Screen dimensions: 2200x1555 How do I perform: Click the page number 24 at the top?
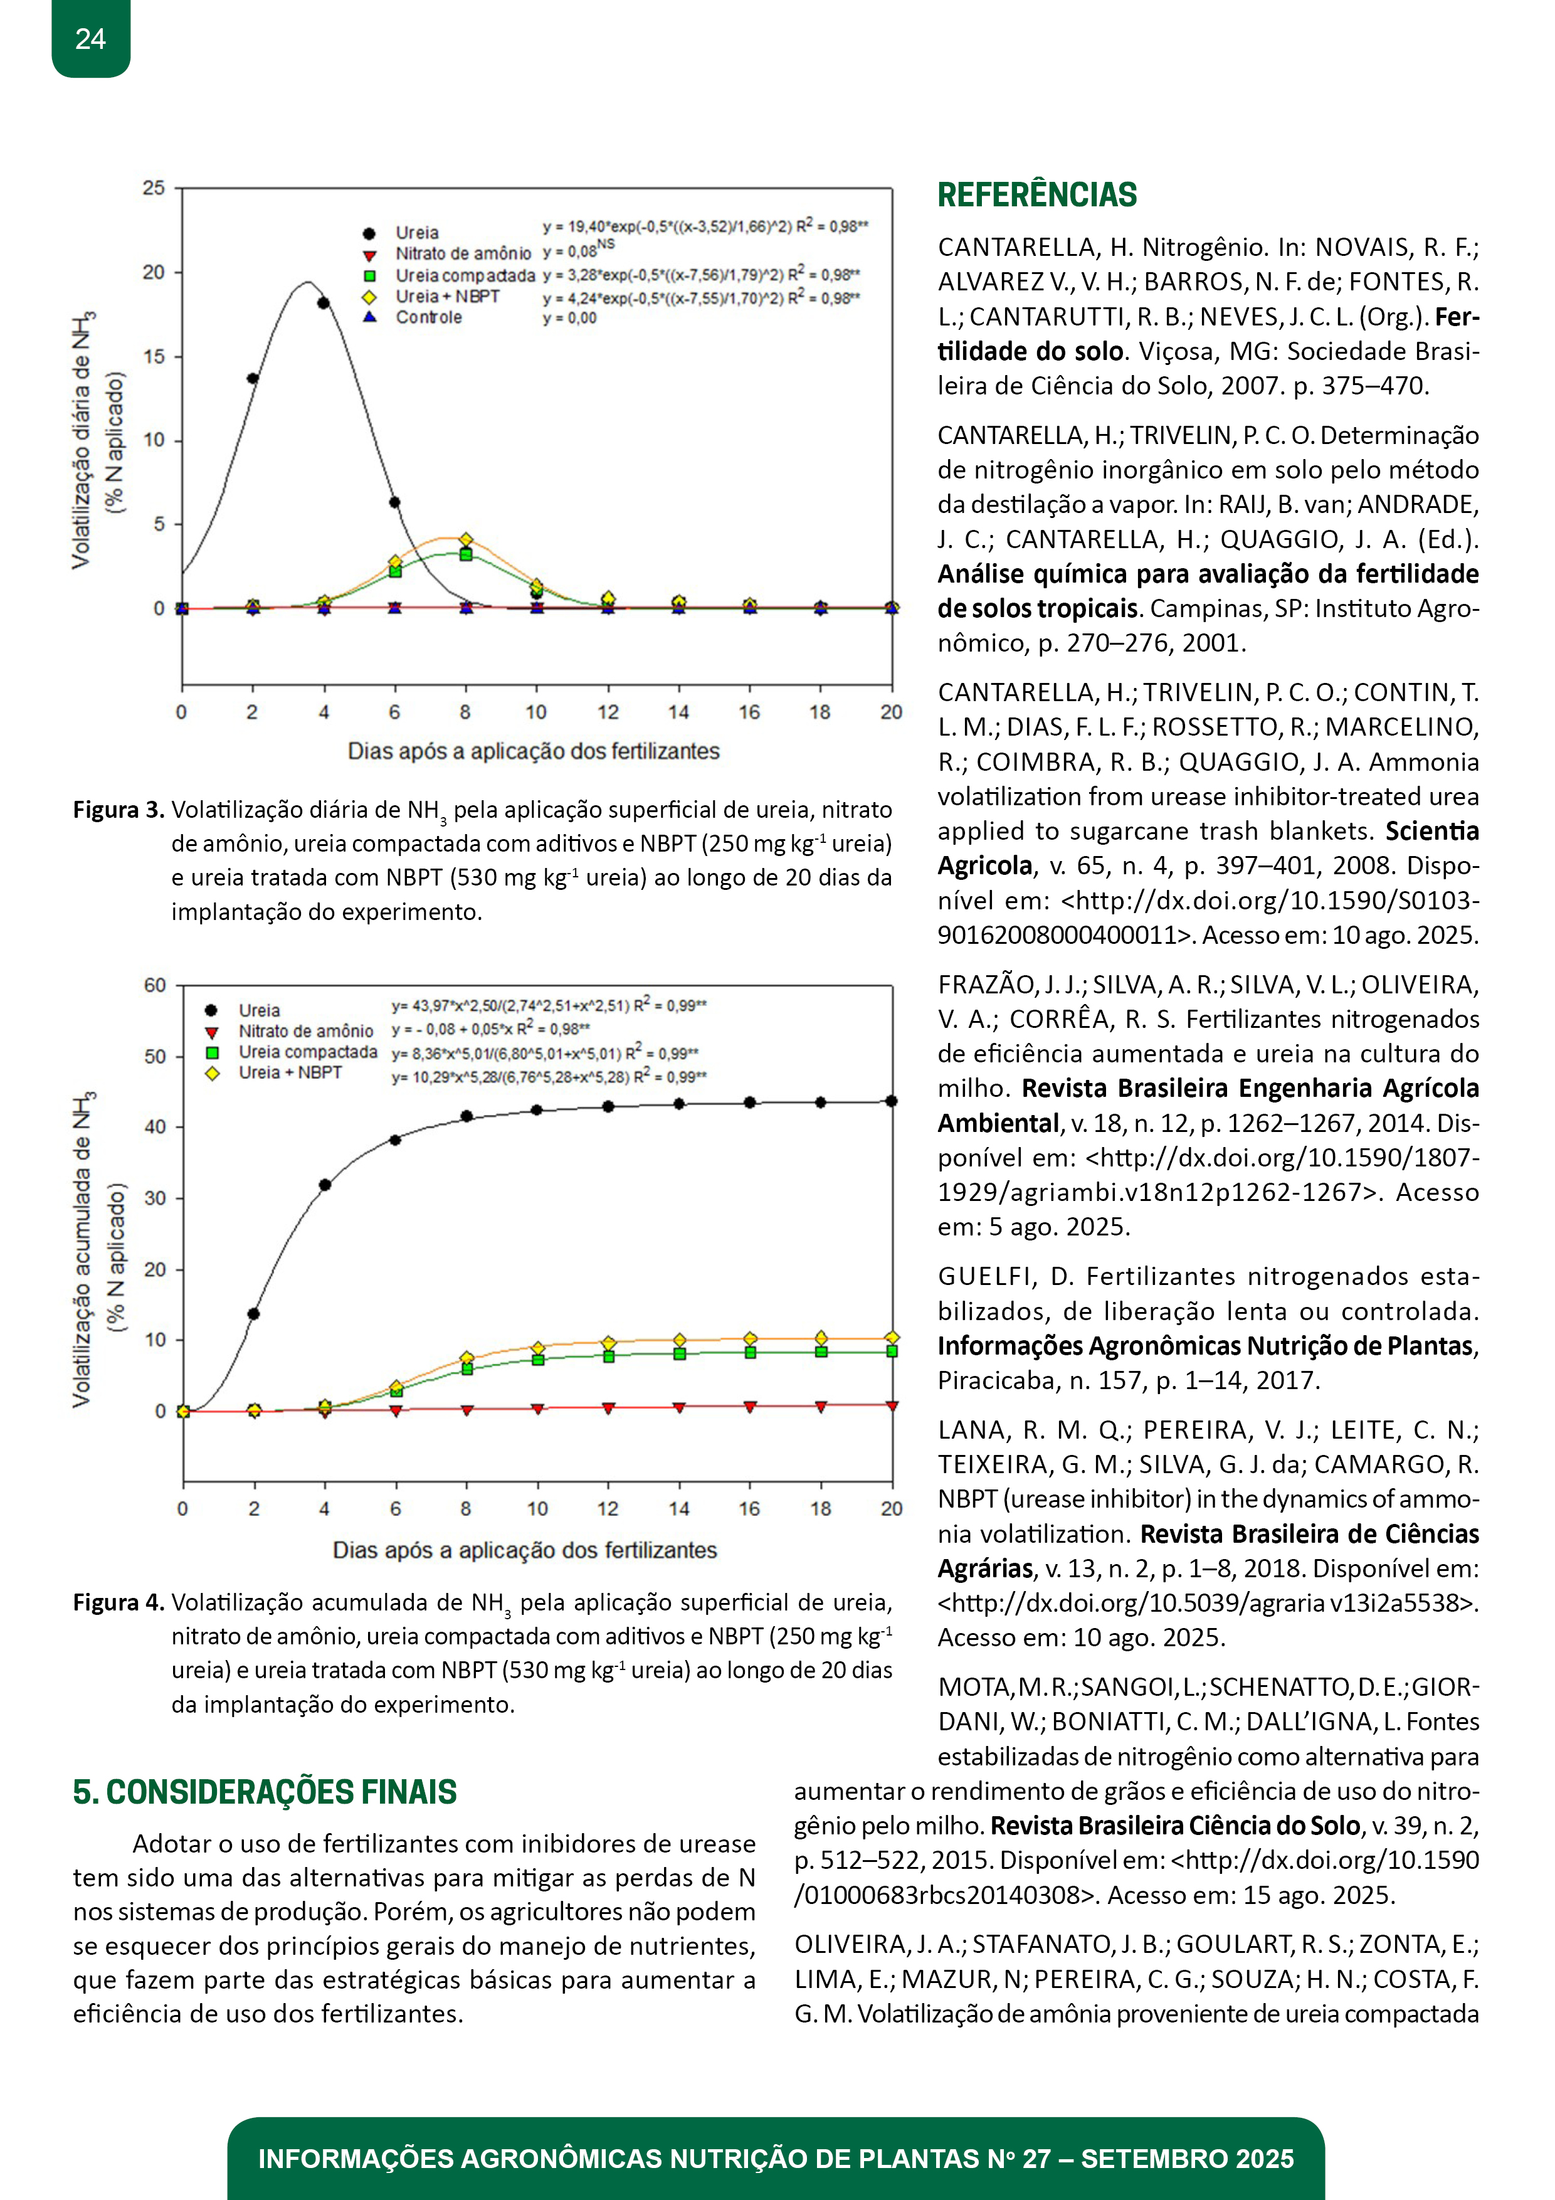(x=90, y=40)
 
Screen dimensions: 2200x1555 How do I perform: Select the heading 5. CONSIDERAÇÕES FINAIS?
(x=265, y=1791)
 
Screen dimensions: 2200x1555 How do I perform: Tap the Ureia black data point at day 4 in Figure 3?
(x=324, y=303)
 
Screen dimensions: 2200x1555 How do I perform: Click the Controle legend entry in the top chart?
(x=428, y=317)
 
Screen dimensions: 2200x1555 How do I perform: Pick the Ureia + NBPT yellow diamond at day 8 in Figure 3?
(x=466, y=539)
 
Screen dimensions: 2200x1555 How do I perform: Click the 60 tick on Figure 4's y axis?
(x=154, y=985)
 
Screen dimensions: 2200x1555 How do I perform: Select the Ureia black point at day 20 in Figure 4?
(x=891, y=1101)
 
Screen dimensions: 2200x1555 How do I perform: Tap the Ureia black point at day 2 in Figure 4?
(x=254, y=1314)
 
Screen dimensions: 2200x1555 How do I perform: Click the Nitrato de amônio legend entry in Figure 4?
(x=305, y=1031)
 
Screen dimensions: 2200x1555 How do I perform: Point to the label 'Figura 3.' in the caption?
(x=119, y=810)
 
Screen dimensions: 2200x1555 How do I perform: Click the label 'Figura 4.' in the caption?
(x=119, y=1602)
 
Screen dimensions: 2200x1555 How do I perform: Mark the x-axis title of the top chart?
(x=533, y=751)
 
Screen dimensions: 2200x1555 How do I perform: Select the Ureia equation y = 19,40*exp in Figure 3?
(x=704, y=227)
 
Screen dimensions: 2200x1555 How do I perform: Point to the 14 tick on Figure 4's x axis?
(x=678, y=1508)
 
